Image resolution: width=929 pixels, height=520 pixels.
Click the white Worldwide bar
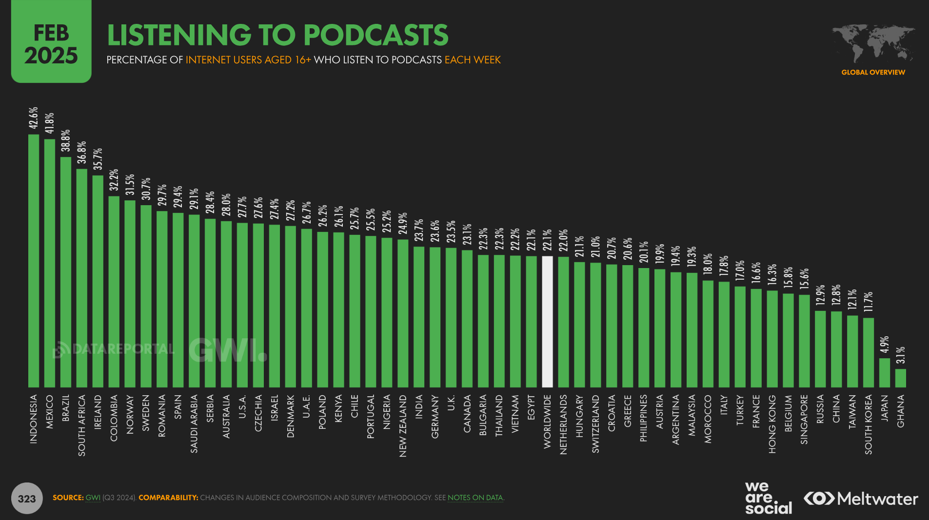547,322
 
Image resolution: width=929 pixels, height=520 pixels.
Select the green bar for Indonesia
34,261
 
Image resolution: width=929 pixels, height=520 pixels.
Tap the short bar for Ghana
901,378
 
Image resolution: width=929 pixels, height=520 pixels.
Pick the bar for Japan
885,373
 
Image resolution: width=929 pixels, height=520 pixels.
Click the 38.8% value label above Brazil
66,140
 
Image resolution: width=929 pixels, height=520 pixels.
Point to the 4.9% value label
885,345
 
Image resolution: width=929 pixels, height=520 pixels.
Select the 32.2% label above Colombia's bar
114,180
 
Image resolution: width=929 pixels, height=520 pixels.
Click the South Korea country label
869,424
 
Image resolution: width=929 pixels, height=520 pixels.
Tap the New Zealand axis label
403,425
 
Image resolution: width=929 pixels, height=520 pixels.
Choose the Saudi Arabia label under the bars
194,424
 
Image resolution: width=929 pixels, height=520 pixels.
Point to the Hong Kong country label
772,424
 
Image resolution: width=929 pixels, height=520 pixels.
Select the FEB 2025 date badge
51,44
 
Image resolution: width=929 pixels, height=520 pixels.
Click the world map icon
873,43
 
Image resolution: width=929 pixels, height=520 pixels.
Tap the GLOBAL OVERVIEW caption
873,72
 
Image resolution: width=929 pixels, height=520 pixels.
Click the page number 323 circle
27,498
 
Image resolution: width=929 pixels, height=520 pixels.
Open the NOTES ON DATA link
475,498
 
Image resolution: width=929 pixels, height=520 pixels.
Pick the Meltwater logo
861,499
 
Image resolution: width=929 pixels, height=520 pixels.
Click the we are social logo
768,498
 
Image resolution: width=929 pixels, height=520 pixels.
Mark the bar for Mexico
50,263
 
